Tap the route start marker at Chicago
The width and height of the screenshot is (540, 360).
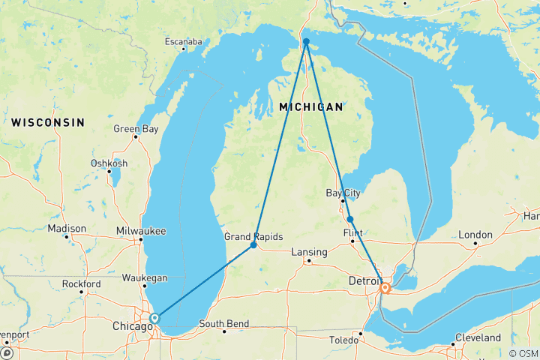[x=154, y=319]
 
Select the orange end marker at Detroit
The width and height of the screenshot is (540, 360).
[x=385, y=287]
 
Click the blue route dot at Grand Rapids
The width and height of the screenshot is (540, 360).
[x=253, y=245]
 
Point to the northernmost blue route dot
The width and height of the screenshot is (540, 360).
[x=306, y=42]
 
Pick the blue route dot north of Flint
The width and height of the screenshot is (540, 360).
[x=350, y=219]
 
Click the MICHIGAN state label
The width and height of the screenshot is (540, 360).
[x=310, y=107]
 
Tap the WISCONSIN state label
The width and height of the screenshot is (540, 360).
[x=47, y=121]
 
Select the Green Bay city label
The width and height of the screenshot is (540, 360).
[x=136, y=129]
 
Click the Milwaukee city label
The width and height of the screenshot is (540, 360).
[x=142, y=231]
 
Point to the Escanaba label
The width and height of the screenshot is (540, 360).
[x=184, y=42]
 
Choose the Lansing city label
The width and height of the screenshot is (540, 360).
[x=309, y=252]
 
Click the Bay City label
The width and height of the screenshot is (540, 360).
[x=343, y=193]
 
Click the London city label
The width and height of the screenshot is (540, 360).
[x=475, y=235]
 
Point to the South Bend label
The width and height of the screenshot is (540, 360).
[x=223, y=324]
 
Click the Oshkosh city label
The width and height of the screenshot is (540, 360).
[x=109, y=163]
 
